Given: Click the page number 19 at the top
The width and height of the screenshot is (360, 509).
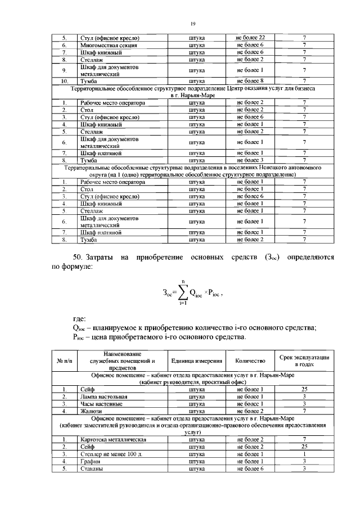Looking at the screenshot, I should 192,24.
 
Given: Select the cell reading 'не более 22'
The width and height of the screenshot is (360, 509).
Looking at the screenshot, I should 250,37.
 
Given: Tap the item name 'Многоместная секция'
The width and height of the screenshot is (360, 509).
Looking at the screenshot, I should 109,44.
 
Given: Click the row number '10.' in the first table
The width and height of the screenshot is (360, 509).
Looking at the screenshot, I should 65,82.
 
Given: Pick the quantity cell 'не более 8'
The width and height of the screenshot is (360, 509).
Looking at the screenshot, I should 250,82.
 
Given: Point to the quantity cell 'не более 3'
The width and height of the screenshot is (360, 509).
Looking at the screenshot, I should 250,160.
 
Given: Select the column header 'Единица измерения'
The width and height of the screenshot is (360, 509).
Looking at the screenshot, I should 196,361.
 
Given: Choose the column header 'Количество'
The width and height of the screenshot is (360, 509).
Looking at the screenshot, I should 250,361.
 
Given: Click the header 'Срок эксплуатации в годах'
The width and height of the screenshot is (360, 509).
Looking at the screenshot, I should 304,361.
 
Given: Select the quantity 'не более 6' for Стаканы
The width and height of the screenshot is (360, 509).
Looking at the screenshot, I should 250,468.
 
